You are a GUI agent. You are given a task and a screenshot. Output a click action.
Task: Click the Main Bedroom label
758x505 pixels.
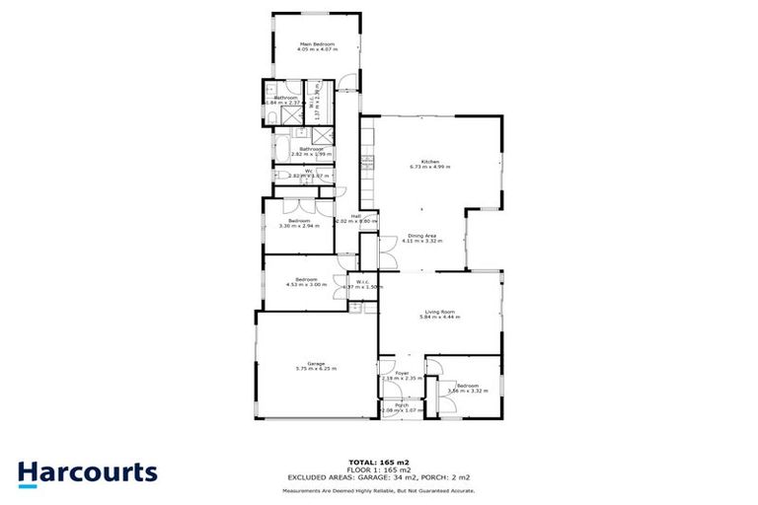tap(317, 43)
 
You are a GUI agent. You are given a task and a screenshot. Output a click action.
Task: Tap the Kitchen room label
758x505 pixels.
tap(429, 161)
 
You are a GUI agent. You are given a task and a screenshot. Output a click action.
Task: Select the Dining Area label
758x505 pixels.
tap(421, 234)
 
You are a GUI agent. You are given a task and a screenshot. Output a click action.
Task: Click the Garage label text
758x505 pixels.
tap(316, 363)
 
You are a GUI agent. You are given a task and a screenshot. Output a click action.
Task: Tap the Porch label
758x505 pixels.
tap(402, 404)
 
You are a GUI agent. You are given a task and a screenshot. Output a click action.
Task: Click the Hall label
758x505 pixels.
tap(355, 215)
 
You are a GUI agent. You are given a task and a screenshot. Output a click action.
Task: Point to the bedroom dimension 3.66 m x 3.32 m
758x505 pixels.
tap(468, 392)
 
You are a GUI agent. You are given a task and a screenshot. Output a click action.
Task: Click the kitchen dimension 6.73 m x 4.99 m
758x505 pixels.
tap(429, 168)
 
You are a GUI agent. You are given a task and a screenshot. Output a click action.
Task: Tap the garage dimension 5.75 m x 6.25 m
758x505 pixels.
tap(316, 369)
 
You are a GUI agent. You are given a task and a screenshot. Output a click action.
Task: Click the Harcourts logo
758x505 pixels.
tap(87, 471)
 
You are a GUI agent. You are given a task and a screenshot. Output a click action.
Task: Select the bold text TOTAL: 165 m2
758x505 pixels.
tap(378, 462)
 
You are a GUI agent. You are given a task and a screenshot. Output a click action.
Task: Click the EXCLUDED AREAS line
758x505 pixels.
tap(378, 477)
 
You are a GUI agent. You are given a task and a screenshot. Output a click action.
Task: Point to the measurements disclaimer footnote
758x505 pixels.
tap(378, 489)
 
